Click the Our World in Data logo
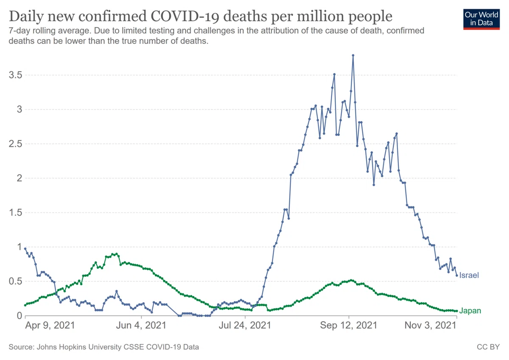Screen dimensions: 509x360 point(481,20)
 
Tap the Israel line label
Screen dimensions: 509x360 point(469,275)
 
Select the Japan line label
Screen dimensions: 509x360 point(470,311)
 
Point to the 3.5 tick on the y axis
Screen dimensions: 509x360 point(15,75)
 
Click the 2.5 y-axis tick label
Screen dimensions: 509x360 point(15,144)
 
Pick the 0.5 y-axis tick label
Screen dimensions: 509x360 point(15,281)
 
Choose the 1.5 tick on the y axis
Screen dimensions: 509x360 point(15,213)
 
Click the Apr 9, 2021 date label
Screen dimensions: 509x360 point(50,326)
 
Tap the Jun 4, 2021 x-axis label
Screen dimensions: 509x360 point(141,326)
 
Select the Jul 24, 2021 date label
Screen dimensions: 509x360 point(245,326)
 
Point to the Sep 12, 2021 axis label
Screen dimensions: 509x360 point(349,326)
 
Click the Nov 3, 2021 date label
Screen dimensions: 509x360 point(431,326)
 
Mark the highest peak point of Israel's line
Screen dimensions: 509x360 point(353,55)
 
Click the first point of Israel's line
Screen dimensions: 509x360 point(25,249)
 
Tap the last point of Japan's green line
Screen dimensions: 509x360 point(457,311)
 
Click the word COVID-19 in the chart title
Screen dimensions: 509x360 point(185,17)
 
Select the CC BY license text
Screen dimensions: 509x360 point(488,347)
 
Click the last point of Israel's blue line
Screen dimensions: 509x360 point(457,276)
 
